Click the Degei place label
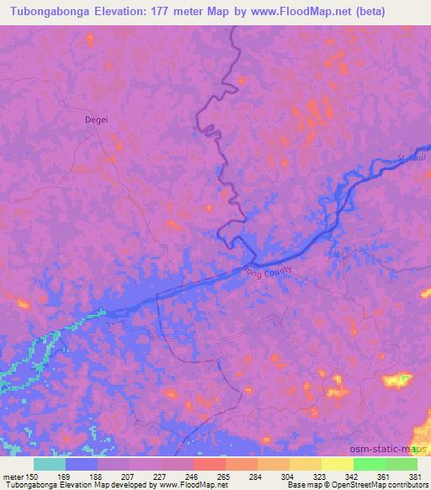(x=97, y=120)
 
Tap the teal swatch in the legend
(x=50, y=464)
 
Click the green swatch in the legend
(x=368, y=464)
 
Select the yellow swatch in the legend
(x=336, y=464)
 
